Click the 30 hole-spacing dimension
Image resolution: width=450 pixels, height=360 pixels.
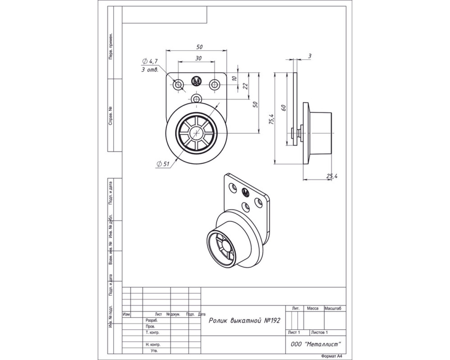(198, 58)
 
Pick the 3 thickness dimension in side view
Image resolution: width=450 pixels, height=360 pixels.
(309, 56)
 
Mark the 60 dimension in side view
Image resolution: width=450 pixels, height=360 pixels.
(284, 107)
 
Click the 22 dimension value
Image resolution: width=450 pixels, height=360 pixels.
(245, 85)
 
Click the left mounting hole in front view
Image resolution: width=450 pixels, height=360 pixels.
(179, 84)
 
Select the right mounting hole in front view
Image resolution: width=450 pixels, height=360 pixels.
(214, 84)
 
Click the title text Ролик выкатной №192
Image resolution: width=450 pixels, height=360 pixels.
(244, 321)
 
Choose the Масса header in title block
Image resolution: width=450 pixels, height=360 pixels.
(313, 308)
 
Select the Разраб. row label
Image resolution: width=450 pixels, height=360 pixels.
(152, 321)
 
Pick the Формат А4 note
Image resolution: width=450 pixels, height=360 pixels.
(332, 356)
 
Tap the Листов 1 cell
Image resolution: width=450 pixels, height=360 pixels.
(319, 332)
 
